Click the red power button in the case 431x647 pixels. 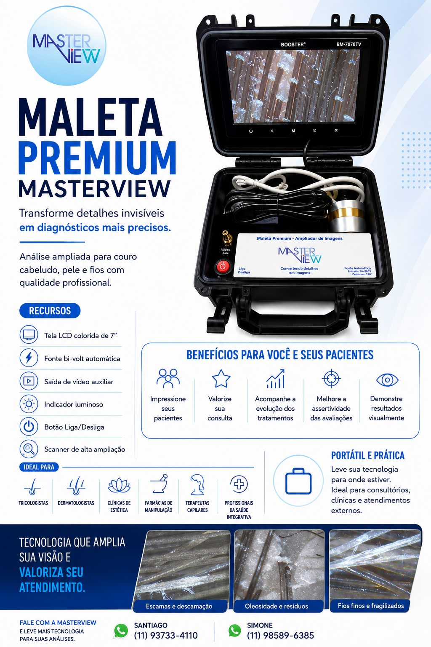(x=223, y=266)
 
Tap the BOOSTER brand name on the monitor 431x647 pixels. (x=293, y=45)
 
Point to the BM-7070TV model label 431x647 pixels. (x=349, y=45)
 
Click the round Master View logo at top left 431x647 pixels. (x=67, y=45)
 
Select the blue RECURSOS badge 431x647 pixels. (x=50, y=310)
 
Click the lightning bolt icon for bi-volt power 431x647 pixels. (x=29, y=358)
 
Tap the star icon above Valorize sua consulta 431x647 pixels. (x=221, y=378)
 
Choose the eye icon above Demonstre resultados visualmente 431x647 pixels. (x=387, y=380)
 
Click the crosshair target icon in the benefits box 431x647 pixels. (x=331, y=378)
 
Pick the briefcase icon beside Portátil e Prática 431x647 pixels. (x=298, y=481)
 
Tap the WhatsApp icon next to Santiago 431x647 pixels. (x=121, y=631)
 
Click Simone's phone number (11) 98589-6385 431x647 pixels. (x=280, y=636)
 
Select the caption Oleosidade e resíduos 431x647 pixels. (x=277, y=606)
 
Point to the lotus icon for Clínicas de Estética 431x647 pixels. (x=119, y=485)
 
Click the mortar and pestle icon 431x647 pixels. (x=159, y=484)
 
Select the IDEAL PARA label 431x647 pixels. (x=39, y=467)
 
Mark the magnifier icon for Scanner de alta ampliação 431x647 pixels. (x=29, y=449)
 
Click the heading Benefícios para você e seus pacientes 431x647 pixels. (x=280, y=355)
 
